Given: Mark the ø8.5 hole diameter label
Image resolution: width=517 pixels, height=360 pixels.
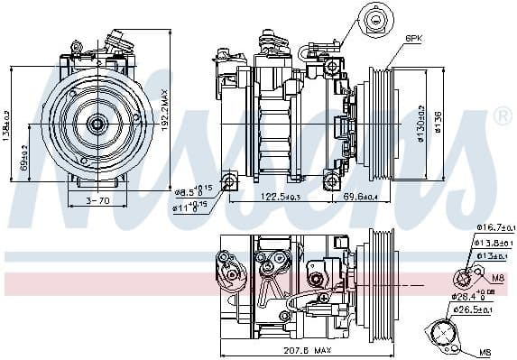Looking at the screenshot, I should [x=192, y=191].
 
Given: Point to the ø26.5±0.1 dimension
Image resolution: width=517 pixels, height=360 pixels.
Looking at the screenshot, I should [x=475, y=309].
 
